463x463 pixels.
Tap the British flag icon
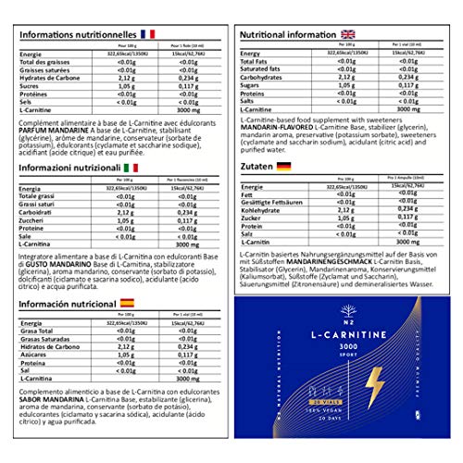tap(344, 33)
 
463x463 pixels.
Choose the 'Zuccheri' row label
tap(34, 222)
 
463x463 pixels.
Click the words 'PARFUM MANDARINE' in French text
tap(50, 129)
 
